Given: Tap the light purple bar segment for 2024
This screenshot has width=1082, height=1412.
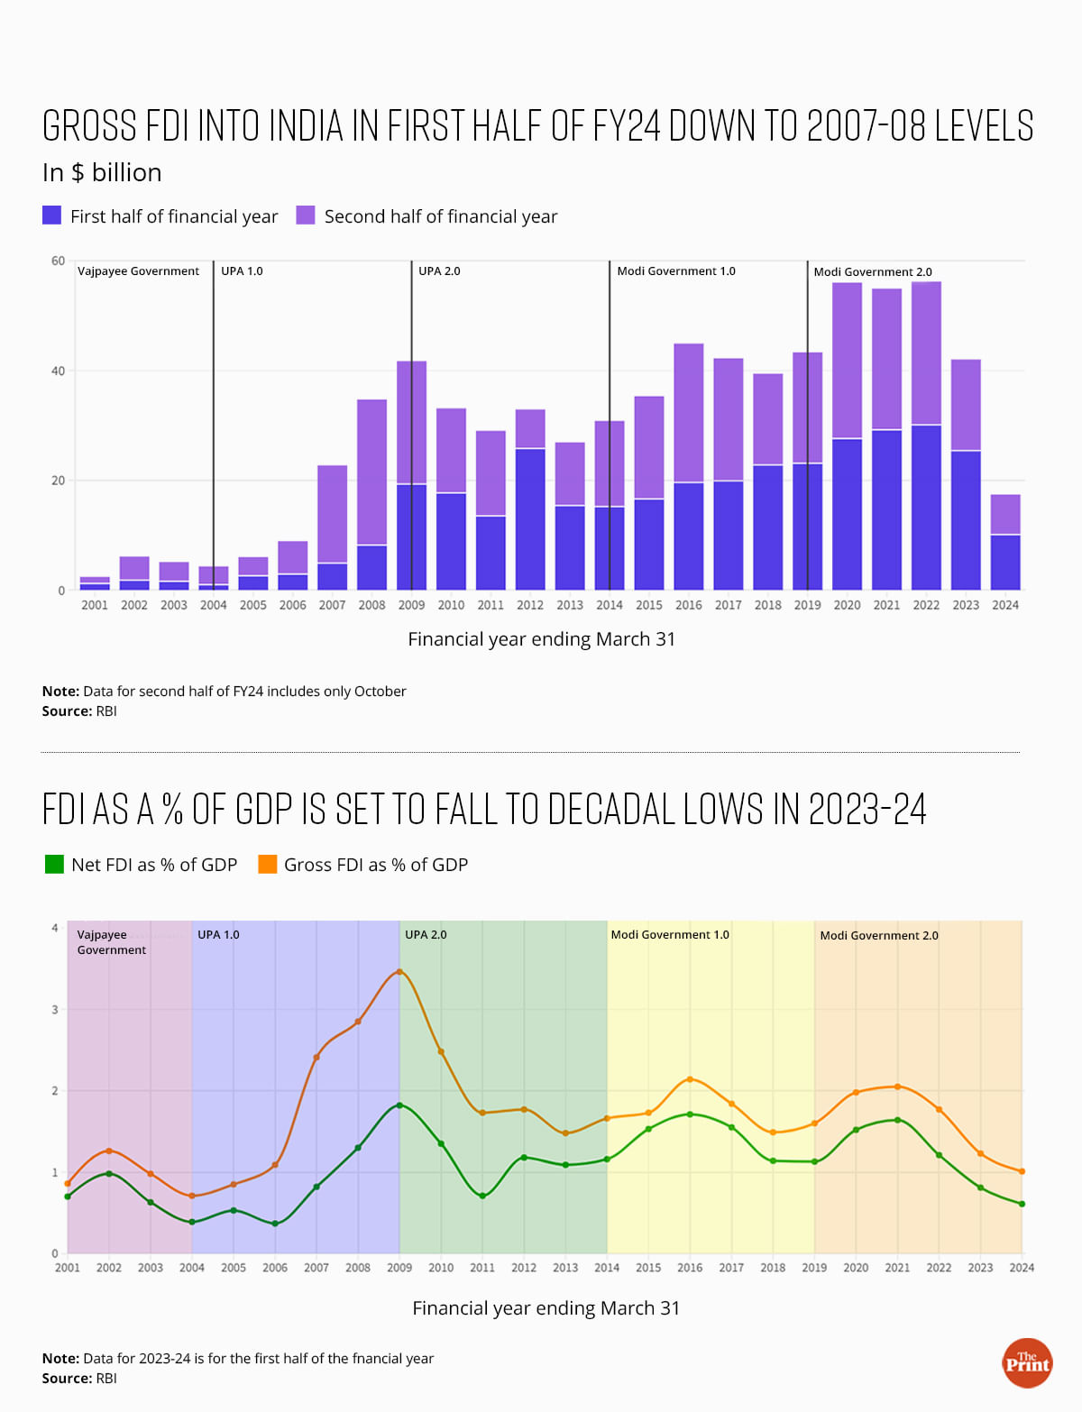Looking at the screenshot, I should click(1005, 514).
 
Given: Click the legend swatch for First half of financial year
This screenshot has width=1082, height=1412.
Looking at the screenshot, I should click(52, 215).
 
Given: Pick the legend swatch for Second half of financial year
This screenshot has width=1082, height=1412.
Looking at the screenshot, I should click(306, 215).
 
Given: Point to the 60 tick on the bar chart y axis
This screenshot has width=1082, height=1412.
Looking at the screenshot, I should click(59, 261).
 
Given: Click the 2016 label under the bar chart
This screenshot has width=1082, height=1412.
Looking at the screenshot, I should click(689, 605).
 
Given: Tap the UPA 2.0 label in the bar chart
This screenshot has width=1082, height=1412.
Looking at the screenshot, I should click(439, 270).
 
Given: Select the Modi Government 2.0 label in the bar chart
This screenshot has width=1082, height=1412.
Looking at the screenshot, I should click(873, 271).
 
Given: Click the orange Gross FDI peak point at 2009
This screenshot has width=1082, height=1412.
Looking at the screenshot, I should click(399, 971).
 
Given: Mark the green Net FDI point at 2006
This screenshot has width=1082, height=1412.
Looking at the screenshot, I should click(275, 1224).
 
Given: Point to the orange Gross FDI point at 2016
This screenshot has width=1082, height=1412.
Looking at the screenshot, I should click(690, 1078).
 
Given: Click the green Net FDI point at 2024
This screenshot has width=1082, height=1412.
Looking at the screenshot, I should click(1022, 1204).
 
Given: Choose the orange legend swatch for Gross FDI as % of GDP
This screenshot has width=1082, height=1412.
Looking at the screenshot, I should click(268, 864).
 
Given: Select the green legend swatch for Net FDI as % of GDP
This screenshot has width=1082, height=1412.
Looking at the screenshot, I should click(54, 864).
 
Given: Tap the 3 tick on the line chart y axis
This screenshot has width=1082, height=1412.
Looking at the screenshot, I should click(55, 1010).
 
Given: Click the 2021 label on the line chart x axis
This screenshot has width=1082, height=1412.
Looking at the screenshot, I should click(897, 1268).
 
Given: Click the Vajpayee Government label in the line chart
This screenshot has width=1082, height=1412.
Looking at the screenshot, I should click(111, 942).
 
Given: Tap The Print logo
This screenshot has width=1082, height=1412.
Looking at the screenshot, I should click(1027, 1362).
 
